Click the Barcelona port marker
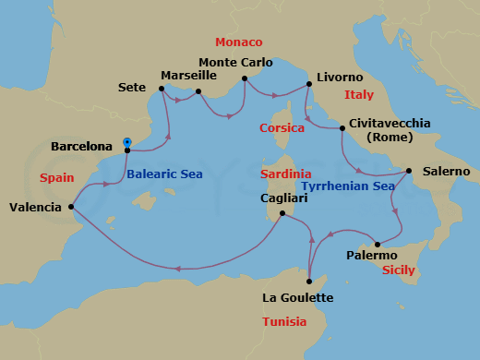[x=127, y=143]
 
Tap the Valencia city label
[x=36, y=208]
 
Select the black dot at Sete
[x=162, y=90]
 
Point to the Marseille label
[x=188, y=75]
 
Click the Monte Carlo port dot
[x=245, y=78]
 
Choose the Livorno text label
[x=340, y=78]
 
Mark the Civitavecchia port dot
[x=342, y=128]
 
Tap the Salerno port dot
[x=409, y=171]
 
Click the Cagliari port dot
[x=282, y=214]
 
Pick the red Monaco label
[x=238, y=43]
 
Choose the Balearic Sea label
[x=164, y=174]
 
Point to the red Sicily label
[x=398, y=270]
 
